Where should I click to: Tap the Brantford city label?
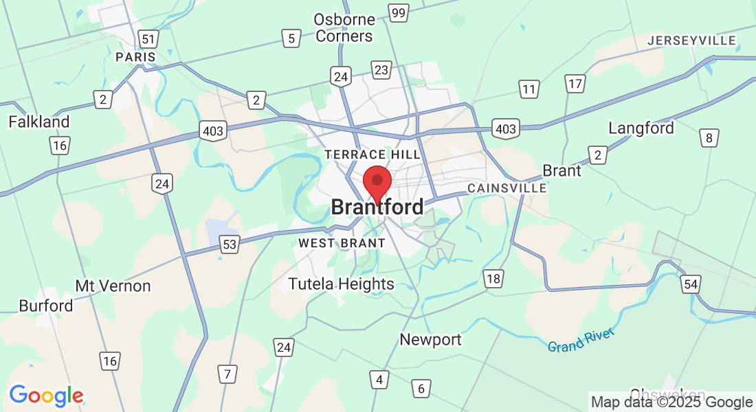[x=377, y=207]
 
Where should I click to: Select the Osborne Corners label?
[x=344, y=27]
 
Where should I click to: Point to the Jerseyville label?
[x=692, y=41]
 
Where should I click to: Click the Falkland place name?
[x=39, y=122]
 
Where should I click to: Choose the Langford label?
[x=641, y=128]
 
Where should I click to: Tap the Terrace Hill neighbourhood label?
[x=373, y=154]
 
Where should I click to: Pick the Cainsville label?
[x=507, y=187]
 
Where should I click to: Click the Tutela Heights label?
[x=342, y=284]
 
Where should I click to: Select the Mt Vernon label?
[x=113, y=286]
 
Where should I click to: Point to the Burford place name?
[x=46, y=306]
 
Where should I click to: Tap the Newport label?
[x=431, y=339]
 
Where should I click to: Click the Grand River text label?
[x=581, y=341]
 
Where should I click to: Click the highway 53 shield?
[x=230, y=244]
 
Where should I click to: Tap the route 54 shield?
[x=691, y=284]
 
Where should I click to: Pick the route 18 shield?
[x=493, y=278]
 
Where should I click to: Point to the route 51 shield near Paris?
[x=148, y=38]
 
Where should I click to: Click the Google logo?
[x=46, y=396]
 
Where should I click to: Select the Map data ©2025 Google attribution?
[x=672, y=402]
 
